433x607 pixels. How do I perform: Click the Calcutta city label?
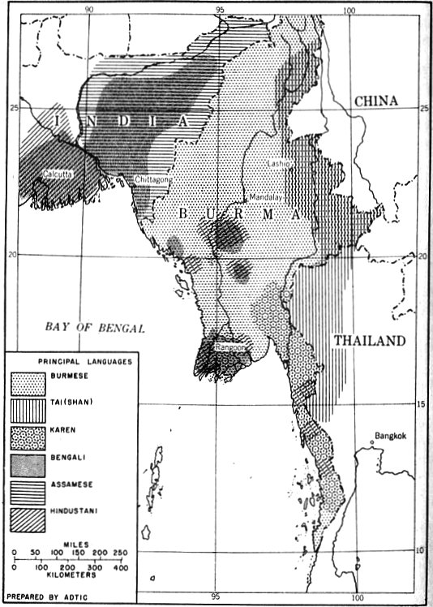click(49, 173)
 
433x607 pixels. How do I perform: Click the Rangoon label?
click(228, 348)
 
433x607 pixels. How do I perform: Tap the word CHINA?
click(375, 101)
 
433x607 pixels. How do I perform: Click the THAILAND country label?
click(369, 342)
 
